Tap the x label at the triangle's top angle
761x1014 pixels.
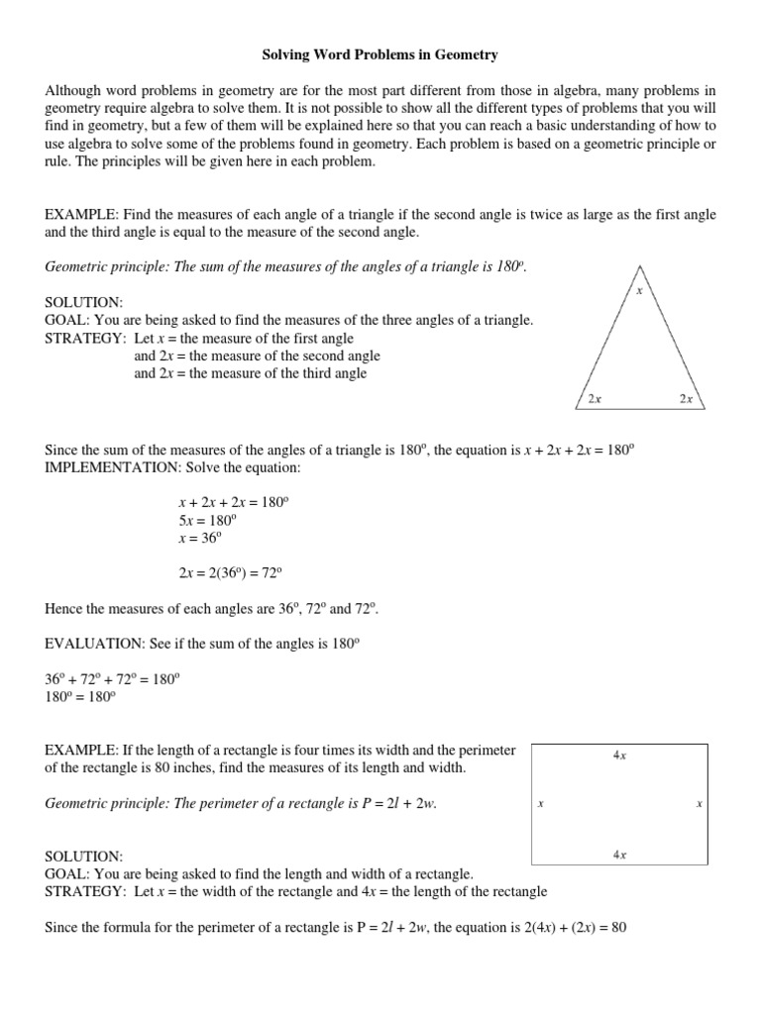point(639,291)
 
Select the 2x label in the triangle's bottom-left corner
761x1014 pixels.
point(595,399)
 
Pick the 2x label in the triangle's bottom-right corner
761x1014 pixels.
point(686,399)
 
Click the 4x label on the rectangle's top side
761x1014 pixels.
point(619,756)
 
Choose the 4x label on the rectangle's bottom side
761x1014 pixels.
point(619,854)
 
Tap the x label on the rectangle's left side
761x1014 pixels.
point(540,804)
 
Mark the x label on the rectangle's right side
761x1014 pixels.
point(699,804)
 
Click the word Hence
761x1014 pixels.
point(64,607)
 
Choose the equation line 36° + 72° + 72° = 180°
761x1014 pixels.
point(113,678)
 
